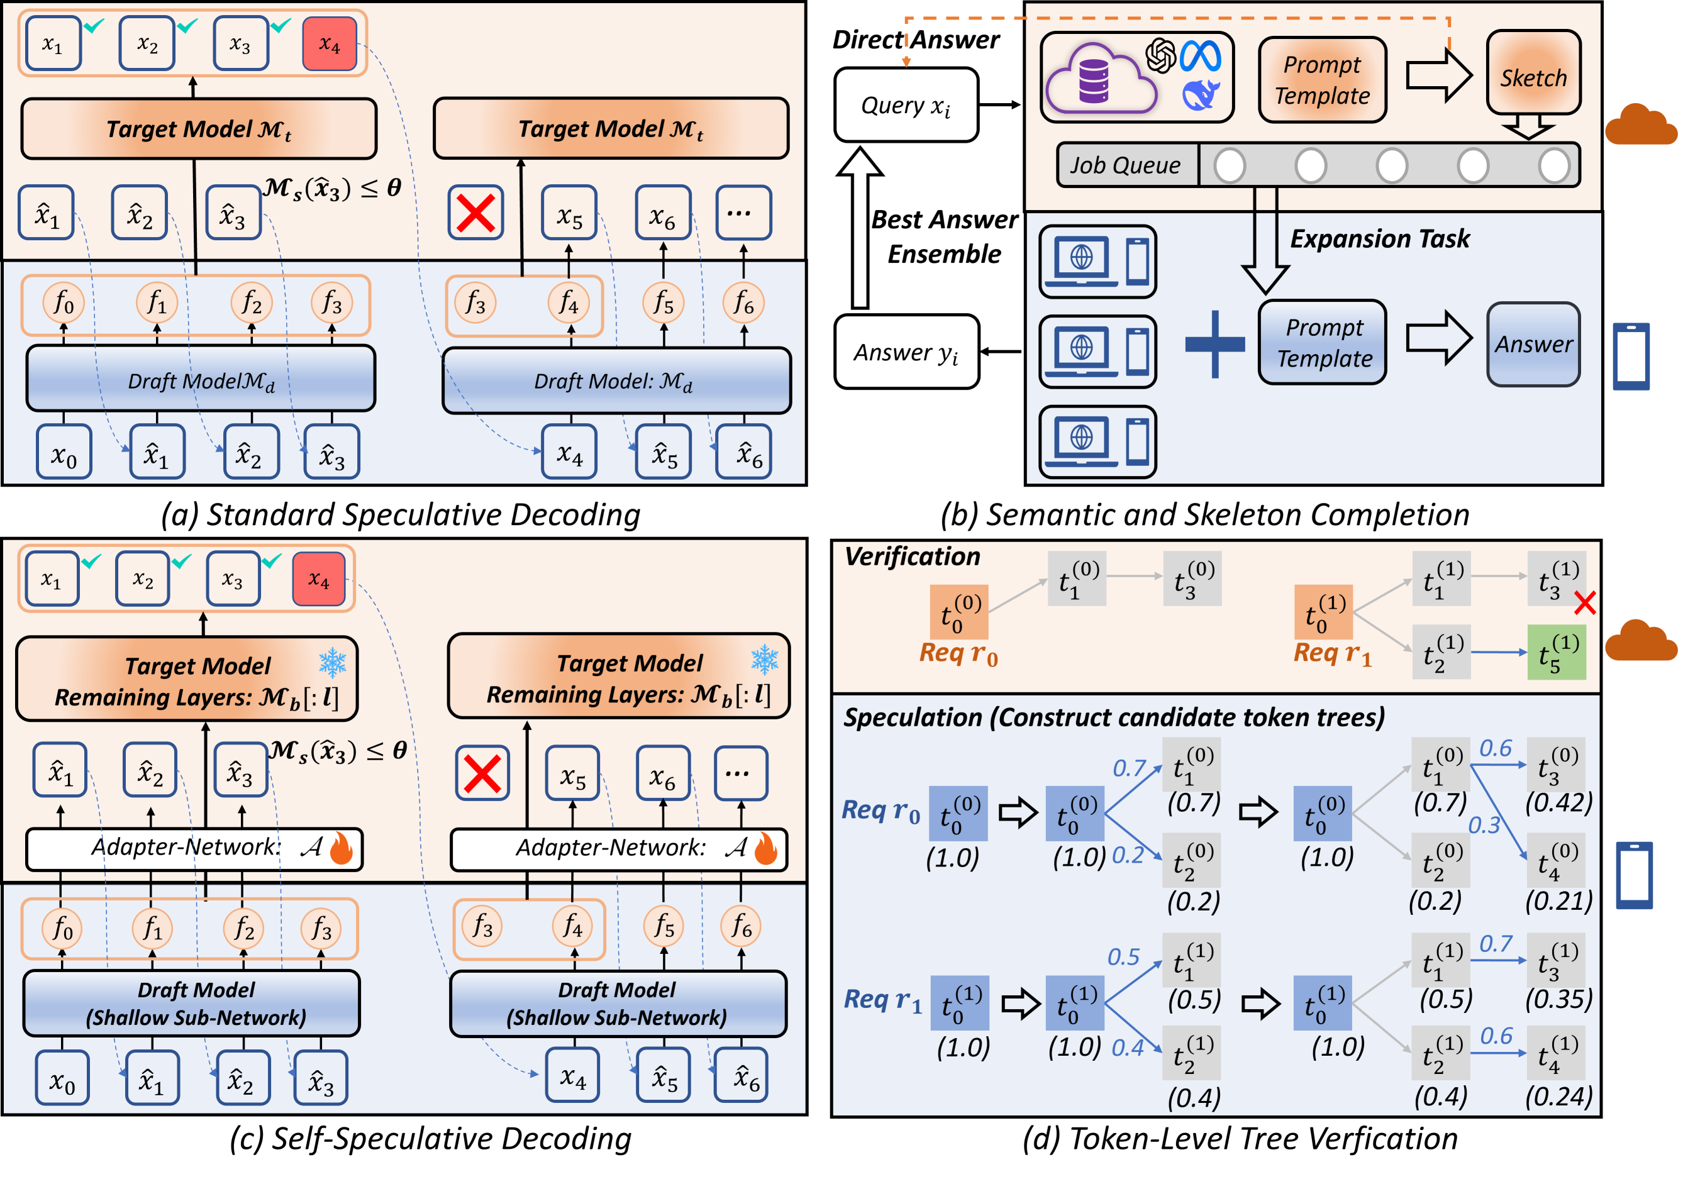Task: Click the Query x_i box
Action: coord(907,106)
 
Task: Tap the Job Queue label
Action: coord(1126,165)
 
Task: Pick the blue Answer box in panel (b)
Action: coord(1533,345)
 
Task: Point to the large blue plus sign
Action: coord(1214,345)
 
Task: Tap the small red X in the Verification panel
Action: coord(1585,604)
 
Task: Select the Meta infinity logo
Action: coord(1201,57)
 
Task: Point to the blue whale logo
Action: coord(1201,95)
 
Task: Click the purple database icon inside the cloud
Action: coord(1094,80)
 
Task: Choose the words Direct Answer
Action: coord(916,40)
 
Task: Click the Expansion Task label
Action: coord(1380,239)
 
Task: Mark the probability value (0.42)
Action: coord(1559,803)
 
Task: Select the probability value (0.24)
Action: coord(1559,1096)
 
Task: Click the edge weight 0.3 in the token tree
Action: coord(1484,826)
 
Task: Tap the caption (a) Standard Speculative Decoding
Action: coord(401,515)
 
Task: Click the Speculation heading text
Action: coord(1114,717)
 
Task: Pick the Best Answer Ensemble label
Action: coord(944,236)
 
